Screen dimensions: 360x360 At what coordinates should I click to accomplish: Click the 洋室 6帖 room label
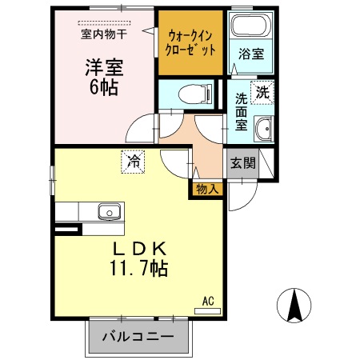click(102, 77)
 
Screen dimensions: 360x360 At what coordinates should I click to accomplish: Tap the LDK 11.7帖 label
click(138, 258)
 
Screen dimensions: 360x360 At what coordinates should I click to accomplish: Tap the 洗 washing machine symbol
click(262, 91)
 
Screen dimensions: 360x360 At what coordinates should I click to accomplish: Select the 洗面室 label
click(241, 113)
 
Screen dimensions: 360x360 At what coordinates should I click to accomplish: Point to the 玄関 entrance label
click(242, 163)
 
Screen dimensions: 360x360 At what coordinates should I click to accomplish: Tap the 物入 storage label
click(206, 190)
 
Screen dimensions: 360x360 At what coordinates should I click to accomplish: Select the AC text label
click(208, 301)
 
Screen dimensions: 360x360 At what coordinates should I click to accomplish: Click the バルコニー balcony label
click(138, 336)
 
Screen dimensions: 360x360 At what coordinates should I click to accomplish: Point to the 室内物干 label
click(103, 34)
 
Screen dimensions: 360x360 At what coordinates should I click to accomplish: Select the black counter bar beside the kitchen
click(68, 231)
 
